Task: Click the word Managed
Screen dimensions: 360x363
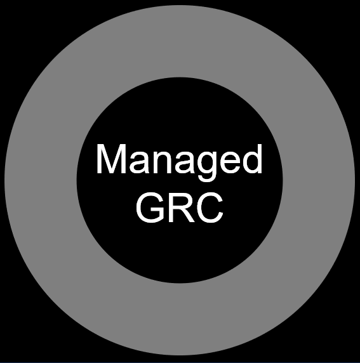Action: pos(179,162)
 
